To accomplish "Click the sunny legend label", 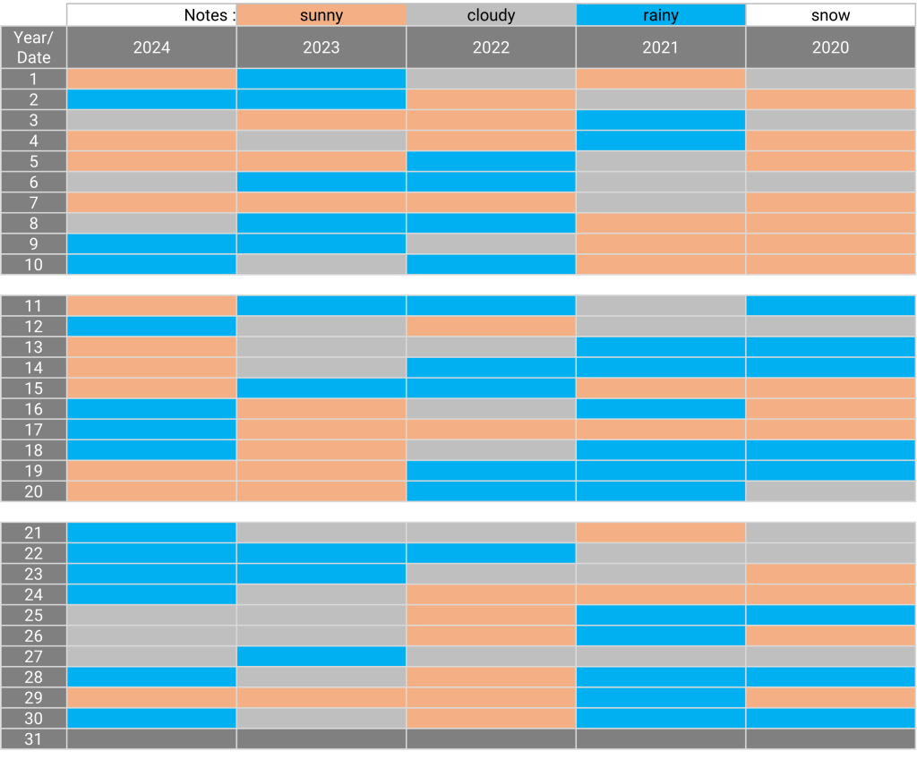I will point(321,15).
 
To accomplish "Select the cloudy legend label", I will point(491,15).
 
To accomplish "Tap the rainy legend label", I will point(660,15).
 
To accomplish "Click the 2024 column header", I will point(151,47).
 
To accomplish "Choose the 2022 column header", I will point(491,47).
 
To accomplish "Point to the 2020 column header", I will point(830,47).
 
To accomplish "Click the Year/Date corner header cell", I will point(34,47).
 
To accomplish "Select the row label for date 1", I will point(34,79).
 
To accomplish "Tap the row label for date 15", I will point(34,388).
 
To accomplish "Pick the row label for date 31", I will point(34,739).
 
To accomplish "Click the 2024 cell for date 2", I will point(151,99).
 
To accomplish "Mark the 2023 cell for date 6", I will point(321,182).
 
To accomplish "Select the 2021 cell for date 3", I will point(660,120).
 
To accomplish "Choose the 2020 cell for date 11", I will point(830,306).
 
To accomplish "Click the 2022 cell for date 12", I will point(491,327).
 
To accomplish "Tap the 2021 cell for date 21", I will point(660,533).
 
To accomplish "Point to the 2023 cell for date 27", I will point(321,657).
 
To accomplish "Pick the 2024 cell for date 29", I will point(151,698).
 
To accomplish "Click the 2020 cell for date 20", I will point(830,491).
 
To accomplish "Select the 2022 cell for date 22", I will point(491,553).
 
